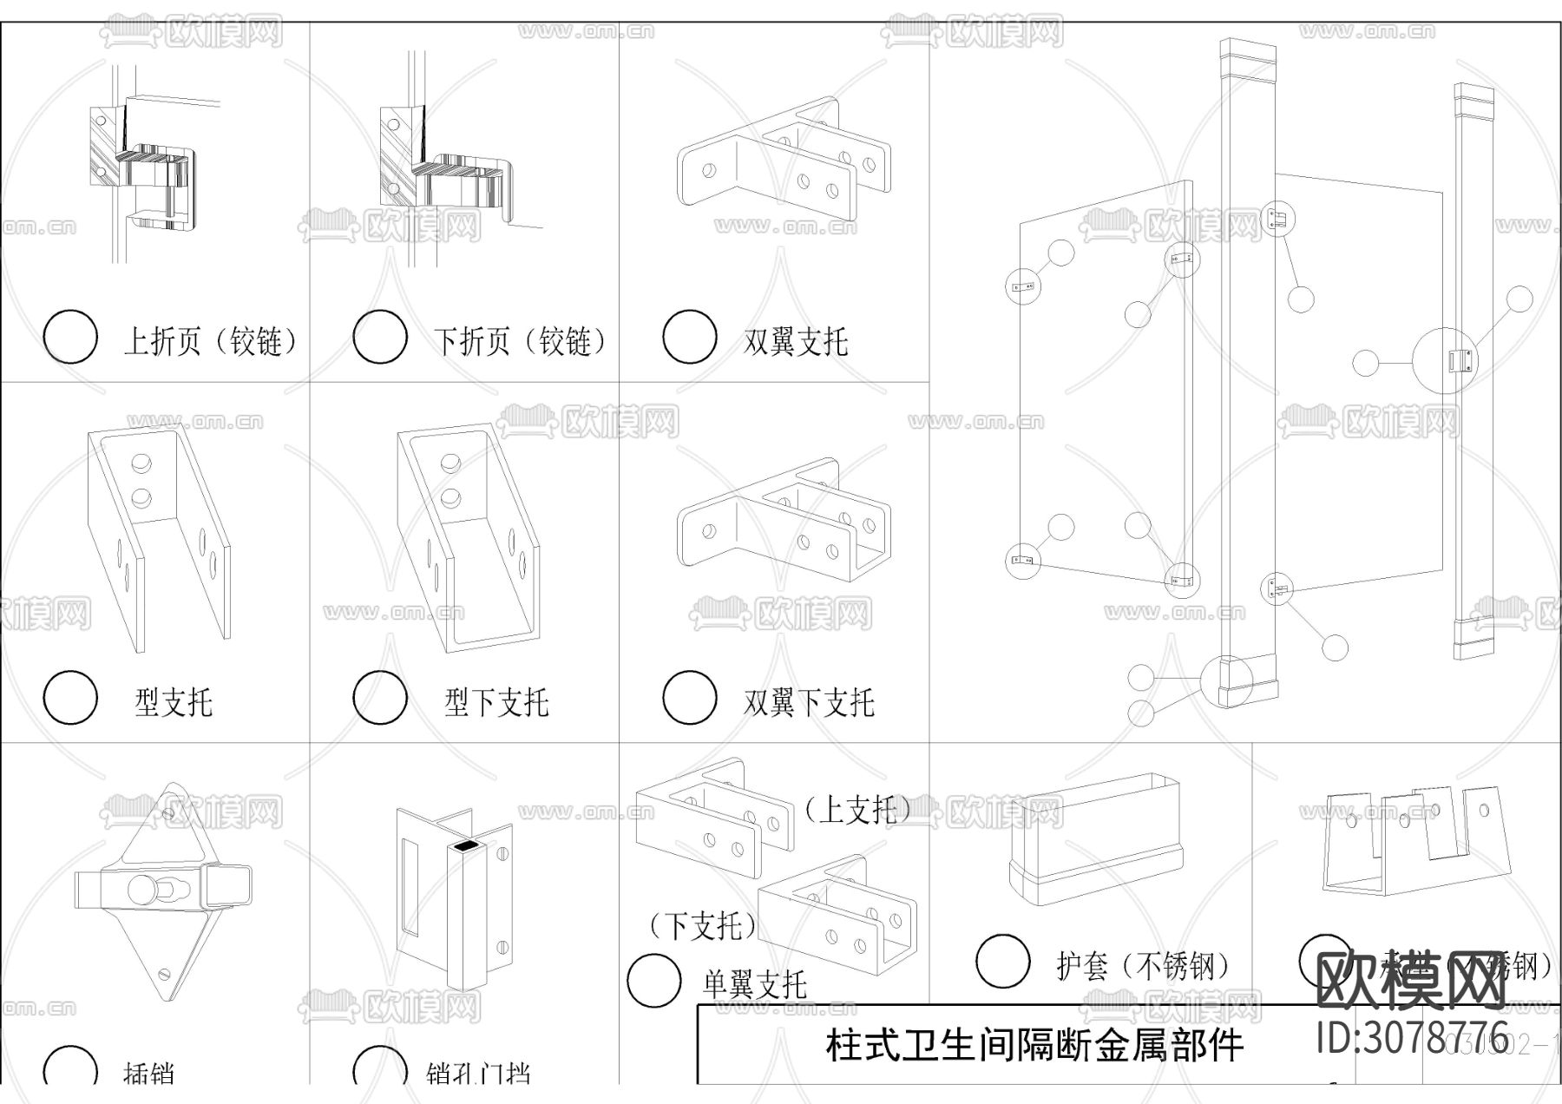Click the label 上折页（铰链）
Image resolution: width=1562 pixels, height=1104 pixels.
[213, 340]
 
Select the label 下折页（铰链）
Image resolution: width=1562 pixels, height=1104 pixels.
[522, 340]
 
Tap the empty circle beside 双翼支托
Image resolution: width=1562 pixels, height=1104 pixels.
[689, 337]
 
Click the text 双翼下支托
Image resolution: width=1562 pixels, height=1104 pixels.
[808, 701]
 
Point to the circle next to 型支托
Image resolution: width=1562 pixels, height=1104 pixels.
[70, 697]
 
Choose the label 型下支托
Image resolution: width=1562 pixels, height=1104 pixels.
[496, 701]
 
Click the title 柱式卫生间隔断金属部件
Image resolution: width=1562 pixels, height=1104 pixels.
[1034, 1046]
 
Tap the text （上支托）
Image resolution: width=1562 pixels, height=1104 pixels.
[856, 810]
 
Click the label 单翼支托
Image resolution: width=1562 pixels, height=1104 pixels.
[754, 984]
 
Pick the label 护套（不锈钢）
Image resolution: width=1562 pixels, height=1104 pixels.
[1143, 965]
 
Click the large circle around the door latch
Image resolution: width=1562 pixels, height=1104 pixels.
[1445, 361]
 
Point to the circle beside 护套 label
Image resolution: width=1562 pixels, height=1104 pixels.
[1003, 962]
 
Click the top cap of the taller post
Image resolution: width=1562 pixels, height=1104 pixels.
[1249, 61]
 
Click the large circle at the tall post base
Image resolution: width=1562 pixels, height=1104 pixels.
[1227, 680]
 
